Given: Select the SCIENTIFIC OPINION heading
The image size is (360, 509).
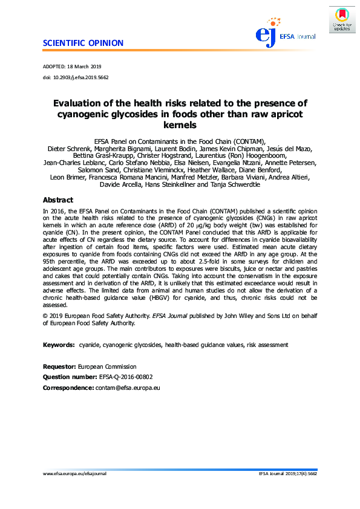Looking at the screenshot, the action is (83, 43).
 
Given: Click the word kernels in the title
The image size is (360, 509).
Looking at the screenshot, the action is (180, 126).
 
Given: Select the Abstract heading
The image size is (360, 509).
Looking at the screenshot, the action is (57, 199).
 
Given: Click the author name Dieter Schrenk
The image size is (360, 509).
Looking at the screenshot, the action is (68, 148).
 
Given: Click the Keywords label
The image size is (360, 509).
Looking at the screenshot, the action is (59, 345).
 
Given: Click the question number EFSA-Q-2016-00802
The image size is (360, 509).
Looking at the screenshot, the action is (123, 376).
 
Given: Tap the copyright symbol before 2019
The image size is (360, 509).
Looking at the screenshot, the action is (45, 316).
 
